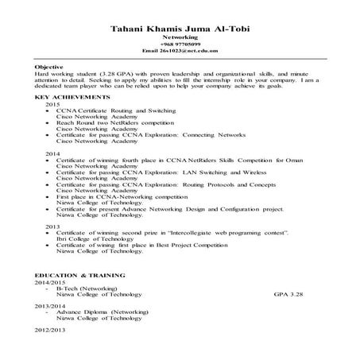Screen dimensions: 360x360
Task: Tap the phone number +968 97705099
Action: (x=180, y=44)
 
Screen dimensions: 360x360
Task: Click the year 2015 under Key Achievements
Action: (x=52, y=104)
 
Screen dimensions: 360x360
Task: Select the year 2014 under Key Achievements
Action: (x=52, y=153)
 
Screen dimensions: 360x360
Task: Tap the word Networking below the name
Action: (x=180, y=37)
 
